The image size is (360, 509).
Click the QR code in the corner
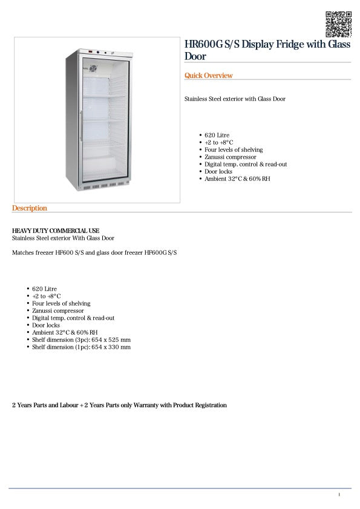click(x=338, y=24)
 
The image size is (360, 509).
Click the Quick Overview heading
click(x=208, y=76)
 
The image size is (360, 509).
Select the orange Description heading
click(x=29, y=208)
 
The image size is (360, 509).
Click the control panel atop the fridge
click(x=97, y=53)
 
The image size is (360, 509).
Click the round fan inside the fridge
click(x=93, y=69)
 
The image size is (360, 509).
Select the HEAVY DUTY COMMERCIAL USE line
click(x=56, y=231)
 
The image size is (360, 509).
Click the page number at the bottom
click(x=339, y=495)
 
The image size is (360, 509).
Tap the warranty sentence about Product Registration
click(x=119, y=405)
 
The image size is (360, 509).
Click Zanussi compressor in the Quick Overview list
click(x=231, y=157)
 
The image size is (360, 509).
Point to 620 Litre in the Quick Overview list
click(x=217, y=135)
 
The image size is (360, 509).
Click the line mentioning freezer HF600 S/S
click(x=94, y=252)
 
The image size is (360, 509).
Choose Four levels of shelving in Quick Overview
click(x=234, y=149)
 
